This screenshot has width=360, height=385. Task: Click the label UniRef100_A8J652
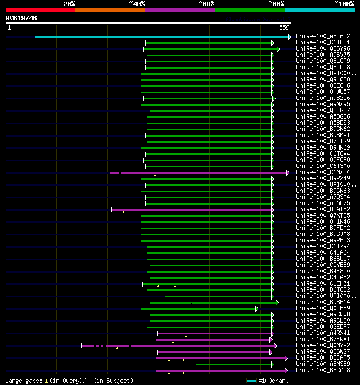coord(323,37)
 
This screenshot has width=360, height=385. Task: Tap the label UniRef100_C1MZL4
coord(323,173)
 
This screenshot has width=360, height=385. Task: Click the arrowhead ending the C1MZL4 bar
coord(287,173)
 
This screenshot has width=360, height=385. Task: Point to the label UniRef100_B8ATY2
coord(323,210)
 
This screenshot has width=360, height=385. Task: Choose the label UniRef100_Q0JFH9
coord(323,309)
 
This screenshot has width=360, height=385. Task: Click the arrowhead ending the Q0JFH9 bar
coord(257,309)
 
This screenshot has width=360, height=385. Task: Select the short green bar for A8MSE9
coord(233,364)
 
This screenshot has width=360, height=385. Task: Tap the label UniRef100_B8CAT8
coord(323,370)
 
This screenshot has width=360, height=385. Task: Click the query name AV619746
coord(21,18)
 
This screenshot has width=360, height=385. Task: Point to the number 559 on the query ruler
coord(284,28)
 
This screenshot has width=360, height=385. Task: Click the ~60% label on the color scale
coord(206,3)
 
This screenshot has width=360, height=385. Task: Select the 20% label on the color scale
coord(69,3)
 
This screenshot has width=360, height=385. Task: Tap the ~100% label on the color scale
coord(344,3)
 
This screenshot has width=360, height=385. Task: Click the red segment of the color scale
coord(40,10)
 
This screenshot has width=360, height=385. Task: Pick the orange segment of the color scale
coord(110,10)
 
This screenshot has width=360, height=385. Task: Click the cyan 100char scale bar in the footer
coord(251,381)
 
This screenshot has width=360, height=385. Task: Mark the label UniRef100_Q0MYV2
coord(323,346)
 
